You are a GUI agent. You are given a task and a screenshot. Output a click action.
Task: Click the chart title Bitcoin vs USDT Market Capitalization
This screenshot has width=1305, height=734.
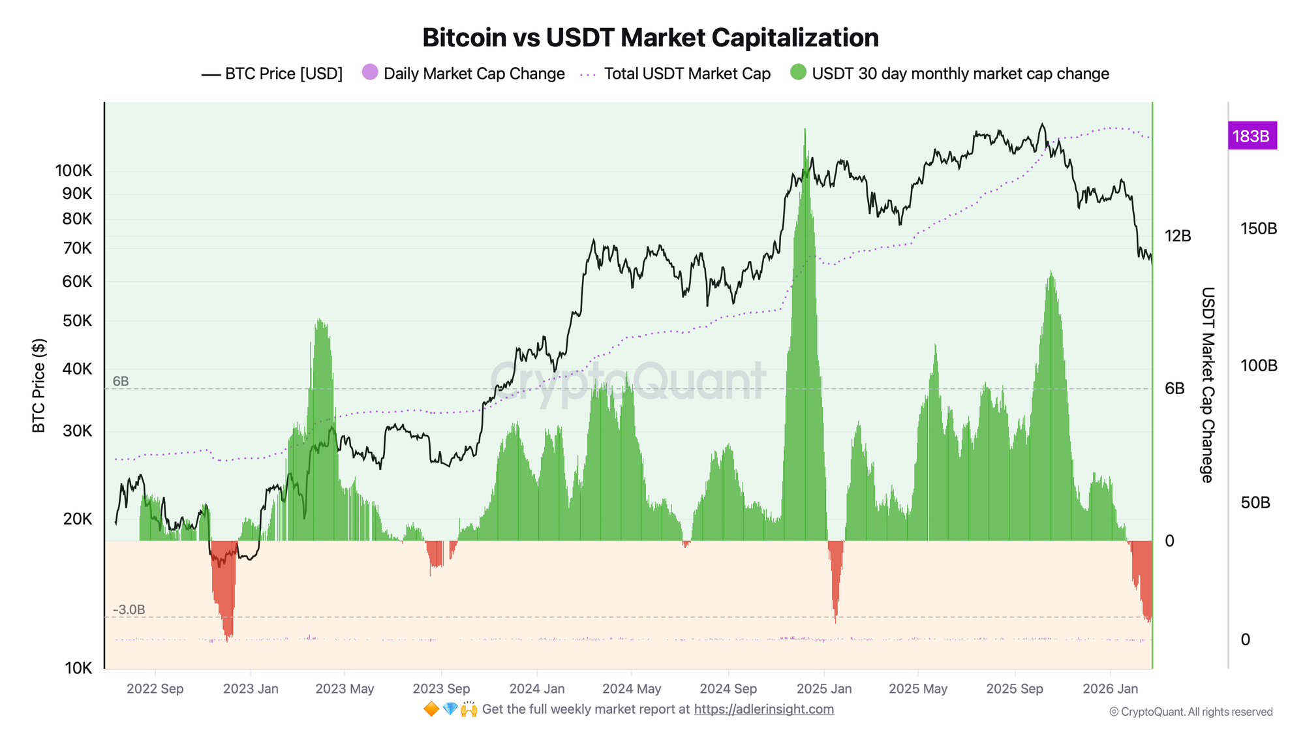[651, 38]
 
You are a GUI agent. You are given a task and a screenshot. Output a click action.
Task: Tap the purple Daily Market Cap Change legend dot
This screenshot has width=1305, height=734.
[370, 72]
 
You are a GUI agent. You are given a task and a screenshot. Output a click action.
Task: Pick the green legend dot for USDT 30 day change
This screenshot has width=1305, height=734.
[798, 72]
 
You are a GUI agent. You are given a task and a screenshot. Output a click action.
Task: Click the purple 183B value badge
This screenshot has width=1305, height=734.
[1251, 136]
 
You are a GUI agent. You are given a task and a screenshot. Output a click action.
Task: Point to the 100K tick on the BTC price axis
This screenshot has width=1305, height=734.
[74, 171]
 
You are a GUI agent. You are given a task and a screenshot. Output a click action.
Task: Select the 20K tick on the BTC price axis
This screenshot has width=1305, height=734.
[78, 519]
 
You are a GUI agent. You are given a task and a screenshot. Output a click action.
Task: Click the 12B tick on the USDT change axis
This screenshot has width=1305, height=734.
[1178, 236]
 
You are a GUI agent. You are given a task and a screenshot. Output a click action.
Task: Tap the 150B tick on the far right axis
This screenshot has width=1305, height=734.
[1258, 229]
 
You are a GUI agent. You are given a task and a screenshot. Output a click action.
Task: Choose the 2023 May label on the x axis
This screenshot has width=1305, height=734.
[345, 689]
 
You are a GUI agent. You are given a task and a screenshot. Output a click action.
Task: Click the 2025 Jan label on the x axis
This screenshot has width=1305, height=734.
[824, 689]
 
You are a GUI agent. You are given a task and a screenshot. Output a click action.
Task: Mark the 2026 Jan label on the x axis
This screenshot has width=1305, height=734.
[1110, 689]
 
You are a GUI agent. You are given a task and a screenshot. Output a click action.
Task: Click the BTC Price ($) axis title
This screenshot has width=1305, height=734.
[39, 385]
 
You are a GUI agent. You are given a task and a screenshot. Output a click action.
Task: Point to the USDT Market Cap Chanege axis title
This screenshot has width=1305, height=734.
[1208, 385]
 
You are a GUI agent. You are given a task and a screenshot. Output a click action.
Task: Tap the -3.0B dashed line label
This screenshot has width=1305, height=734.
[129, 610]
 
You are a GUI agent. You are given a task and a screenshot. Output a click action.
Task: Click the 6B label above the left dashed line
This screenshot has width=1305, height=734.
[121, 382]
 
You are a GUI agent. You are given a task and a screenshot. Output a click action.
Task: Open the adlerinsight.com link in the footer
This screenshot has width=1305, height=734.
[763, 709]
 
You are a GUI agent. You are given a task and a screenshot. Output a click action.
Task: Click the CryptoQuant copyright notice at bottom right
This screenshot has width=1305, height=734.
[1191, 712]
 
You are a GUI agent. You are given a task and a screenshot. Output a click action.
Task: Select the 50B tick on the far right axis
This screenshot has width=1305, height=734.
[1255, 503]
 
